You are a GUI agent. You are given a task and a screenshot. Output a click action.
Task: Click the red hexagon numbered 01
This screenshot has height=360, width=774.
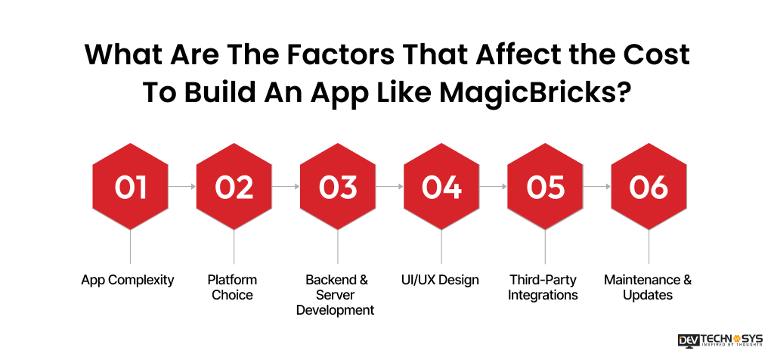tap(131, 186)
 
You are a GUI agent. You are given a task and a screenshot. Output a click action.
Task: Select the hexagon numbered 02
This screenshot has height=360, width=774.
tap(234, 186)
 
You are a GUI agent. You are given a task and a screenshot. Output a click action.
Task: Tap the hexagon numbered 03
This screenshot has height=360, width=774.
tap(338, 186)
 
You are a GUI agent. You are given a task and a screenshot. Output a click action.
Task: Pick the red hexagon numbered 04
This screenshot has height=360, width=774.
tap(441, 186)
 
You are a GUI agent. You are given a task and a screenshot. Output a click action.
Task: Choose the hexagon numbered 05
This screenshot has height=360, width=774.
tap(545, 186)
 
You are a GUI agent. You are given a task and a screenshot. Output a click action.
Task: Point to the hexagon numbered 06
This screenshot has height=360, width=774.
tap(649, 186)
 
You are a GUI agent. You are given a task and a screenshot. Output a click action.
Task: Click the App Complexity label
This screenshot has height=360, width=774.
tap(128, 280)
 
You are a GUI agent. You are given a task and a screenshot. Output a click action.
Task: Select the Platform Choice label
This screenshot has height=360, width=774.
tap(233, 287)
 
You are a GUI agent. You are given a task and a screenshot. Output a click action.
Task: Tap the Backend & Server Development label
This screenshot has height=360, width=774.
tap(336, 295)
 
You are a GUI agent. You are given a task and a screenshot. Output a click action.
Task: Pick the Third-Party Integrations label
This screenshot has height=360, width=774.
tap(543, 287)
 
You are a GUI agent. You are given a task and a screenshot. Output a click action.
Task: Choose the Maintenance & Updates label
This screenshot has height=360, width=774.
tap(648, 287)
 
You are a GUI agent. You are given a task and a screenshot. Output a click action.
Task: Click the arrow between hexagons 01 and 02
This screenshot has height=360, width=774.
tap(182, 186)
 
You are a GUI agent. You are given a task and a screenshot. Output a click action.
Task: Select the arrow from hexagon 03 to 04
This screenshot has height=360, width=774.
tap(389, 186)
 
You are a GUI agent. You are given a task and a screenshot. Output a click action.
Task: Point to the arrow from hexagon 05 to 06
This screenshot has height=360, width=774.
tap(597, 186)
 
